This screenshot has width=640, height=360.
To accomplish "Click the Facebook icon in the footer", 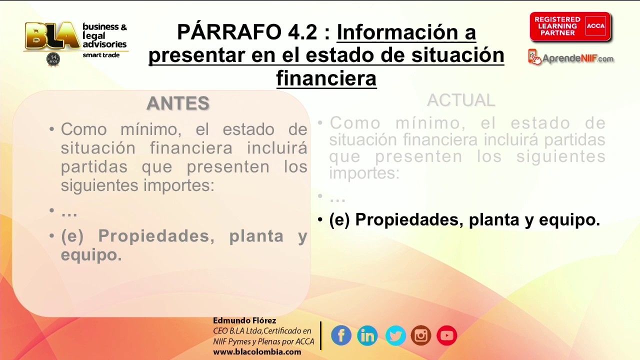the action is tap(341, 335).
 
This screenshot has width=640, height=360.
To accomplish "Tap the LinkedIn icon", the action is tap(367, 335).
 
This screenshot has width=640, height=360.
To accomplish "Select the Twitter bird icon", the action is tap(395, 335).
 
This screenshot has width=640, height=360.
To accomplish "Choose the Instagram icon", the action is tap(421, 335).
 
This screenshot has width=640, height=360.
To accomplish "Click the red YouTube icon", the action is tap(447, 335).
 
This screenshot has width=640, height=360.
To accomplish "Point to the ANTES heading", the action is tap(178, 103).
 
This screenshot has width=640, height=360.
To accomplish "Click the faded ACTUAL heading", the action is tap(461, 100).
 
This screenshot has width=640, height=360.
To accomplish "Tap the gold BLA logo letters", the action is tap(52, 35).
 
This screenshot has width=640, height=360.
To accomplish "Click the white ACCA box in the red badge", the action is tap(595, 26).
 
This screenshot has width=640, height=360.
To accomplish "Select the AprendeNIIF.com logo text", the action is tap(577, 58).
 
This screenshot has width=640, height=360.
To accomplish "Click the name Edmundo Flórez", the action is tap(244, 320).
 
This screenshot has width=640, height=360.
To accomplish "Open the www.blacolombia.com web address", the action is tap(257, 351).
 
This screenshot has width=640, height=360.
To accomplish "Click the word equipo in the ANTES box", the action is tap(91, 254).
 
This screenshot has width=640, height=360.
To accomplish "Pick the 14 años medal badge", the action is tap(53, 59).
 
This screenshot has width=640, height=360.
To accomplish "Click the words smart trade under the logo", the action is tap(101, 55).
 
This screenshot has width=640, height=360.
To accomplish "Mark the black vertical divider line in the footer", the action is tap(321, 335).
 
